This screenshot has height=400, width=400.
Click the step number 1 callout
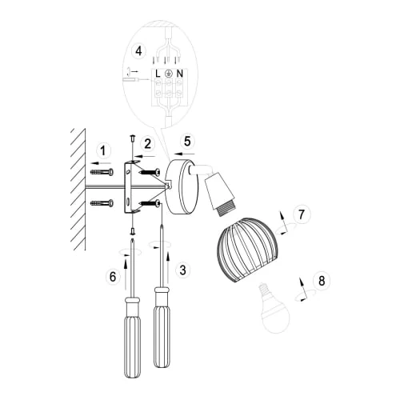pos(103,150)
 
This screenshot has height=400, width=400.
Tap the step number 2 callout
pos(148,143)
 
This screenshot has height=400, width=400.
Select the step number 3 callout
pos(182,270)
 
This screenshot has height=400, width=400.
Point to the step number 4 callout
pos(138,51)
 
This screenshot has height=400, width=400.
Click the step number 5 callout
pos(187,141)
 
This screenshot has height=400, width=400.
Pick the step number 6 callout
pos(113,277)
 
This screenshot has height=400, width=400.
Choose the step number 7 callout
pos(302,214)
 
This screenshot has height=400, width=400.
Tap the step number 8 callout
pos(322,281)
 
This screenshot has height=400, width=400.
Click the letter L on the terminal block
pos(158,74)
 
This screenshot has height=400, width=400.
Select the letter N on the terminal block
pos(180,74)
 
